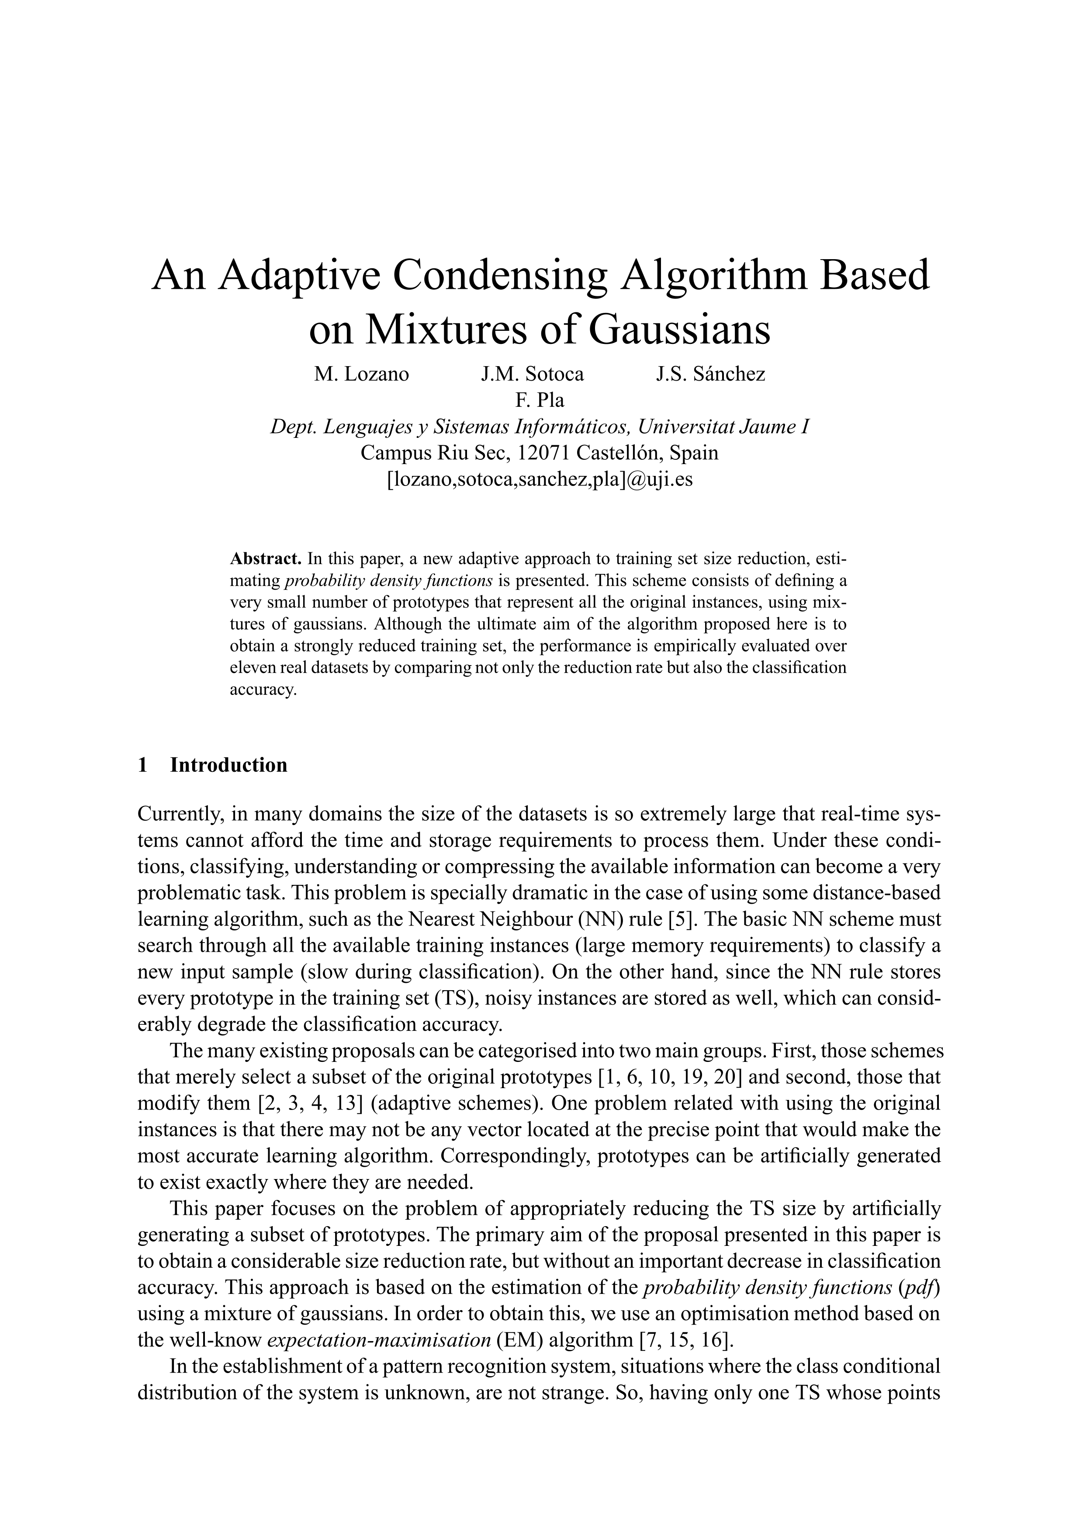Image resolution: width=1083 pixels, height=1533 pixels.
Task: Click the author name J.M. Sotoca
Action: pyautogui.click(x=532, y=374)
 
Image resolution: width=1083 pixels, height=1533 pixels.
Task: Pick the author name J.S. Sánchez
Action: pyautogui.click(x=711, y=374)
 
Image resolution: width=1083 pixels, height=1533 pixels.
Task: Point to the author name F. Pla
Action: pyautogui.click(x=540, y=400)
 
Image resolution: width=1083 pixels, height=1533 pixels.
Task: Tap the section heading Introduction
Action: pyautogui.click(x=229, y=765)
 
